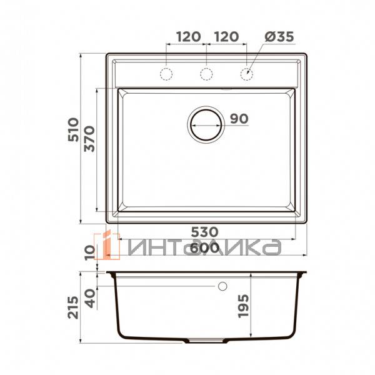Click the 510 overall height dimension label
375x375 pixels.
(x=73, y=129)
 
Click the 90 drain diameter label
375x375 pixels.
(x=239, y=119)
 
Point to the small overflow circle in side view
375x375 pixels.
(x=222, y=287)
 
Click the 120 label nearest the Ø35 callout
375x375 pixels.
(x=226, y=37)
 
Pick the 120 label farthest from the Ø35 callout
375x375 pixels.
(x=187, y=37)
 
